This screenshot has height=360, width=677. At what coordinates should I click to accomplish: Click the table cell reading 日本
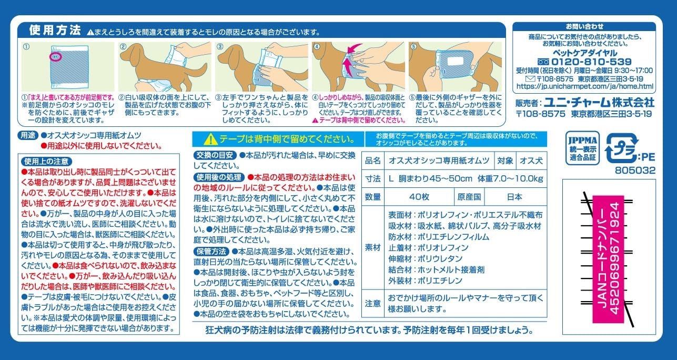coord(515,197)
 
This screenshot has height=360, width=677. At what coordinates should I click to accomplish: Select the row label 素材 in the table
coord(372,248)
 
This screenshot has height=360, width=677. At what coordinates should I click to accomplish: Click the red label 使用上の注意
coord(47,161)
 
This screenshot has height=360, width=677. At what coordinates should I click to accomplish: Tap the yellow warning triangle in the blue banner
coord(211,139)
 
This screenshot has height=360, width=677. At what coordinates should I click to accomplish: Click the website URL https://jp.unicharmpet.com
coord(585,86)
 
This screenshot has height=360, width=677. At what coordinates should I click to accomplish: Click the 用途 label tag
coord(28,135)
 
